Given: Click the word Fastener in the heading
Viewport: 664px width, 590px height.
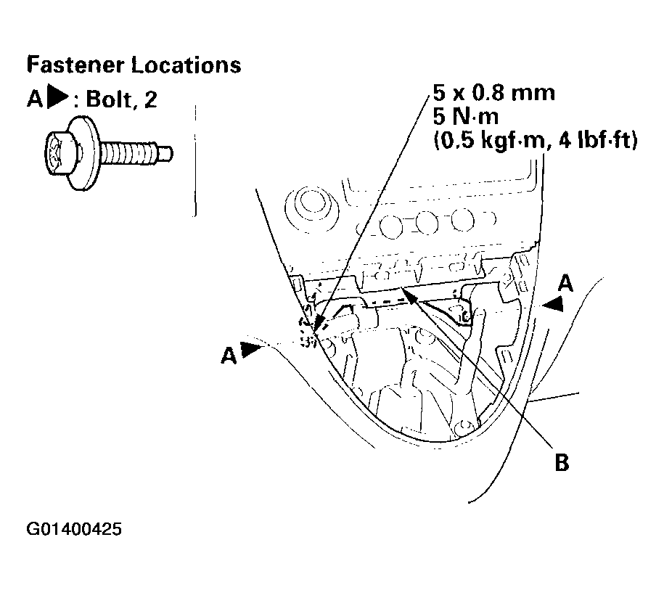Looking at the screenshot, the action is (75, 65).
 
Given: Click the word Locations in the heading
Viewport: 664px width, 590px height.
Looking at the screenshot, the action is (186, 65).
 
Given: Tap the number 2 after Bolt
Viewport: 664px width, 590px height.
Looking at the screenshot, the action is (150, 100).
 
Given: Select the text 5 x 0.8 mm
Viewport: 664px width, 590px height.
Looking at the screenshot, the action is (493, 92).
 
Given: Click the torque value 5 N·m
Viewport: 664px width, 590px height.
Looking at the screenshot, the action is (466, 116).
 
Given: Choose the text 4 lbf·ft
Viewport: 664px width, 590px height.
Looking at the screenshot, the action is (598, 140).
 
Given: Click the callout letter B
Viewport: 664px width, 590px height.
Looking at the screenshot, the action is (562, 462).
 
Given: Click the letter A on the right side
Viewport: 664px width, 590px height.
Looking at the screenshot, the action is (565, 283).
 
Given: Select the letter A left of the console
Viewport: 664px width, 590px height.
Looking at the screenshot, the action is (229, 355).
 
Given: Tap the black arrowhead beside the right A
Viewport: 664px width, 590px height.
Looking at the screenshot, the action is (554, 303).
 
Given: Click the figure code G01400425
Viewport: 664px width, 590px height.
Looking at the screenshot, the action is (74, 528).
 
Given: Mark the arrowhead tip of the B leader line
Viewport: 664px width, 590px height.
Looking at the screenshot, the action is (403, 288).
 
